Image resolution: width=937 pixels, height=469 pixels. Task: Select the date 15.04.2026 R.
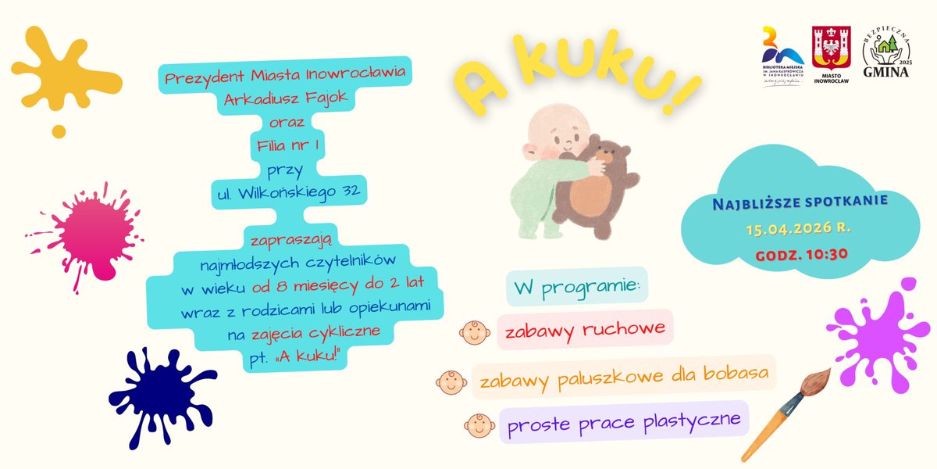click(x=796, y=230)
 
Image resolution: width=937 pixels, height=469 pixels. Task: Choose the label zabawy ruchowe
click(x=585, y=329)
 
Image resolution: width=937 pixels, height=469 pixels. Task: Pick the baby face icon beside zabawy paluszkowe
click(x=451, y=382)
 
